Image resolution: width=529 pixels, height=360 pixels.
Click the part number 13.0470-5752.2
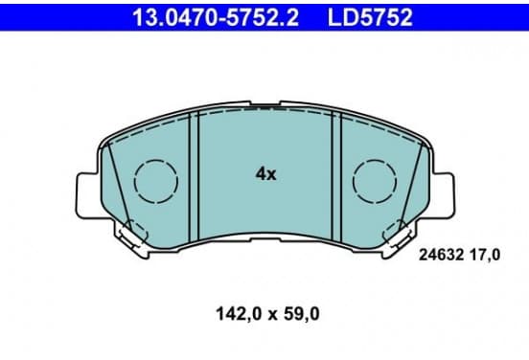[x=216, y=17]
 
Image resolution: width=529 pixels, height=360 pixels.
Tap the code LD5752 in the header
[x=370, y=17]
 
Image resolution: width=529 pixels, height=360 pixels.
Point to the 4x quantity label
[x=265, y=174]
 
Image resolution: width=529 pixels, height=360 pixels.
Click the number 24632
[x=441, y=256]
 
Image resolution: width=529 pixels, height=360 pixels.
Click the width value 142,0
[x=239, y=314]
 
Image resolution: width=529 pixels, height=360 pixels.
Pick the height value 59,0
[x=301, y=314]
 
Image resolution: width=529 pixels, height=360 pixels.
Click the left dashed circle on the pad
[x=134, y=182]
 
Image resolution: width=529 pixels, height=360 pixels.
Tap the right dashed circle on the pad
[x=354, y=182]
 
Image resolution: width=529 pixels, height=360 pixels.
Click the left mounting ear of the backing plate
[x=87, y=195]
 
